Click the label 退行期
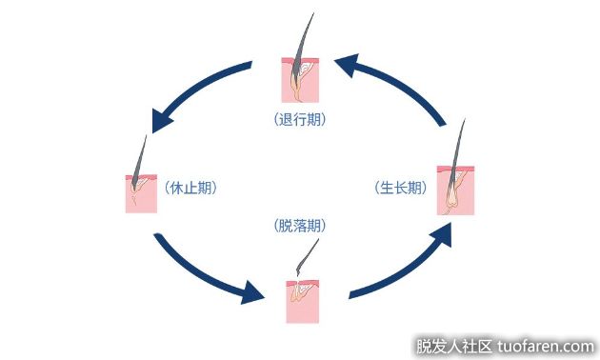pyautogui.click(x=299, y=120)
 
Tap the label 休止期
pyautogui.click(x=190, y=188)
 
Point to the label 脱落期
pyautogui.click(x=300, y=226)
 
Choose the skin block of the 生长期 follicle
pyautogui.click(x=455, y=190)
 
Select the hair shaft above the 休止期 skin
pyautogui.click(x=142, y=157)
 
